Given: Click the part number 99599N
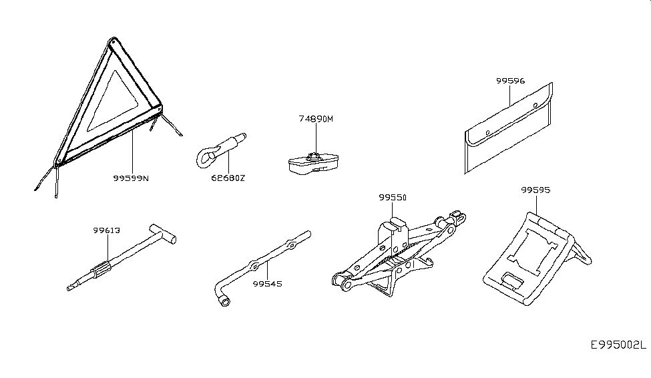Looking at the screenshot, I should click(x=131, y=179).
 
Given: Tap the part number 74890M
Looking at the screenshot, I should click(x=315, y=120).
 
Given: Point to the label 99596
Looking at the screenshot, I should click(x=510, y=81).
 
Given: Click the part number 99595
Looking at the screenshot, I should click(x=535, y=190).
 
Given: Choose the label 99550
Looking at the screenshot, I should click(x=392, y=198).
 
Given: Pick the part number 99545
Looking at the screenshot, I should click(x=267, y=283).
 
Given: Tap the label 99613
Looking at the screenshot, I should click(x=106, y=230).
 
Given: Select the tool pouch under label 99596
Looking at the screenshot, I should click(x=507, y=130).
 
